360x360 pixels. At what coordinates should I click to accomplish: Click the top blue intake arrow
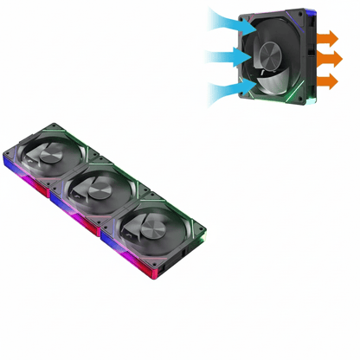(x=230, y=22)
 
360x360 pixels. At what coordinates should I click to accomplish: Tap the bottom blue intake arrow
(x=230, y=87)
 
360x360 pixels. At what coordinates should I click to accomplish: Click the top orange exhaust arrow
(x=328, y=38)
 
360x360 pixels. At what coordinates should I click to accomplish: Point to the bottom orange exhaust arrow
(x=328, y=81)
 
